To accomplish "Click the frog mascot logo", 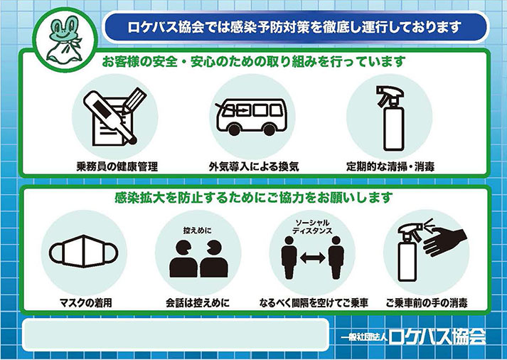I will (x=62, y=41).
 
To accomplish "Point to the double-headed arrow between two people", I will (x=311, y=258).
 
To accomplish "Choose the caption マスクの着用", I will (x=85, y=303).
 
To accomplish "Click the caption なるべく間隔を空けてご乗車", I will (x=310, y=303).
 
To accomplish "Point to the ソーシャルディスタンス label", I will (x=311, y=226).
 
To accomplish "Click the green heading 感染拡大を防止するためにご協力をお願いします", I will (x=253, y=196).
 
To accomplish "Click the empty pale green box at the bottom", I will (x=175, y=333).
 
